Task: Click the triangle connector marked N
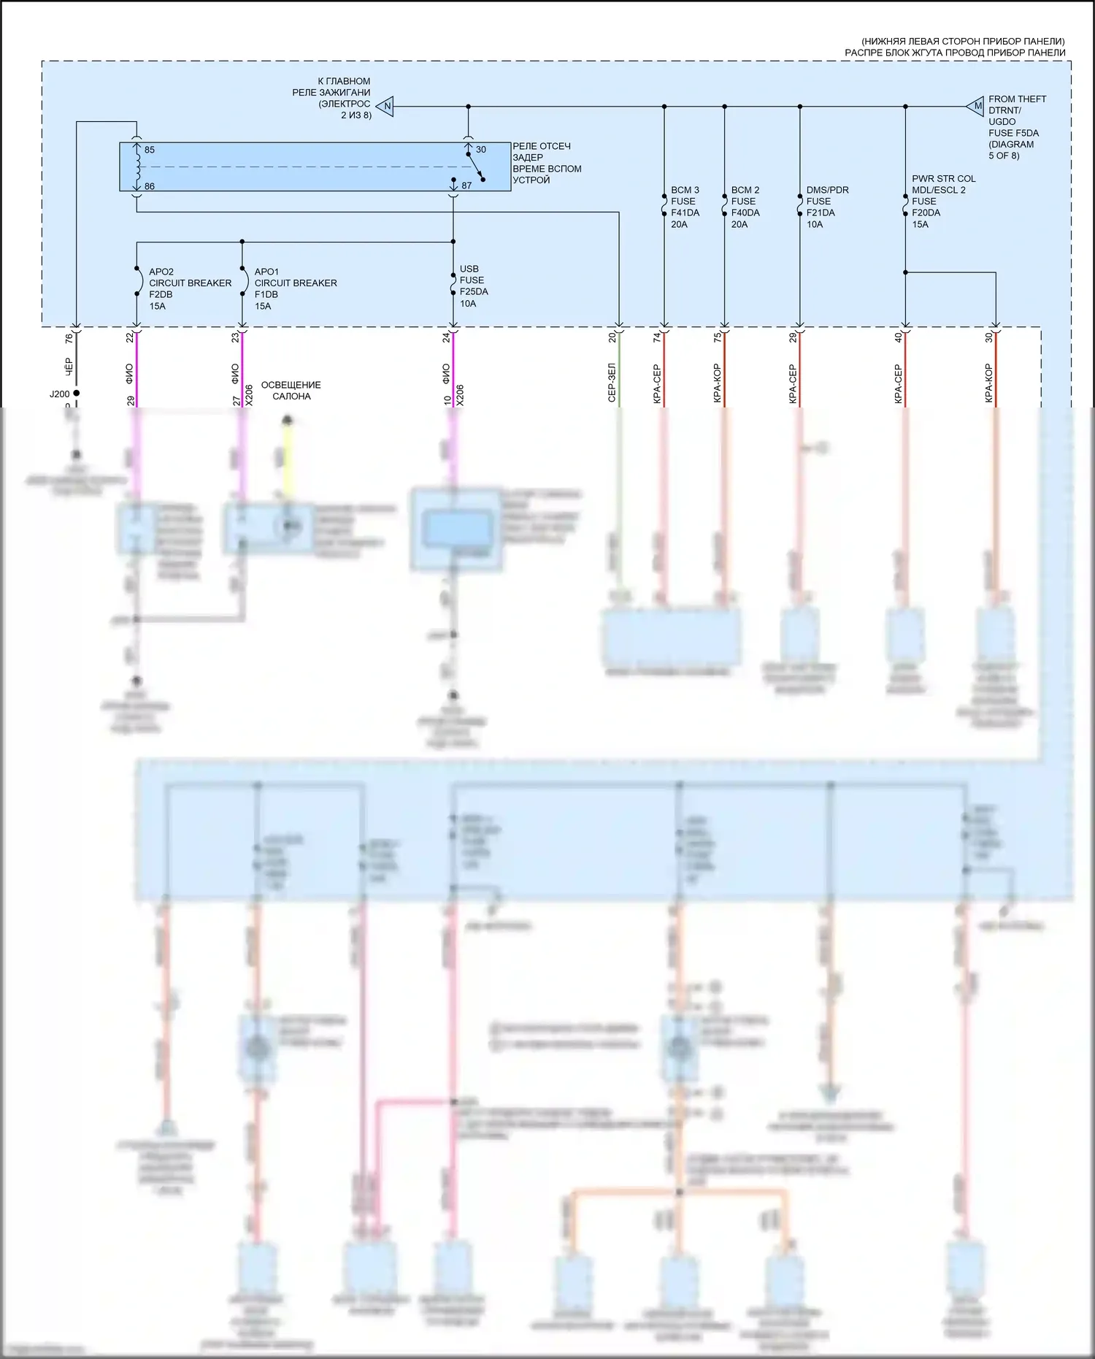pyautogui.click(x=386, y=107)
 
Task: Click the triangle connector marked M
pyautogui.click(x=976, y=107)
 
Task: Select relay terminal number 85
pyautogui.click(x=149, y=150)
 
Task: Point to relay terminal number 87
pyautogui.click(x=466, y=185)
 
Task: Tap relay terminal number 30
pyautogui.click(x=480, y=150)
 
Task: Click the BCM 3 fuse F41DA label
pyautogui.click(x=685, y=207)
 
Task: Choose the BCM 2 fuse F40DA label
pyautogui.click(x=745, y=207)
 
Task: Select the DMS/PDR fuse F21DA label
pyautogui.click(x=827, y=207)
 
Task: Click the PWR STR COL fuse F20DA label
pyautogui.click(x=943, y=201)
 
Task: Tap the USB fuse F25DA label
pyautogui.click(x=474, y=286)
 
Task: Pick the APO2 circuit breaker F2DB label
pyautogui.click(x=190, y=288)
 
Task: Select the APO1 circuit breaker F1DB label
pyautogui.click(x=295, y=288)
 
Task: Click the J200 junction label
pyautogui.click(x=60, y=394)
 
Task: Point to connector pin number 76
pyautogui.click(x=69, y=339)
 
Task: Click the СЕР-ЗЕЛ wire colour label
pyautogui.click(x=612, y=383)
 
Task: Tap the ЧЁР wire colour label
pyautogui.click(x=69, y=367)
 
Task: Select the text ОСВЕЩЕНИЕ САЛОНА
pyautogui.click(x=291, y=391)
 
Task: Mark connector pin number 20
pyautogui.click(x=612, y=338)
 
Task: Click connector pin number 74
pyautogui.click(x=657, y=338)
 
